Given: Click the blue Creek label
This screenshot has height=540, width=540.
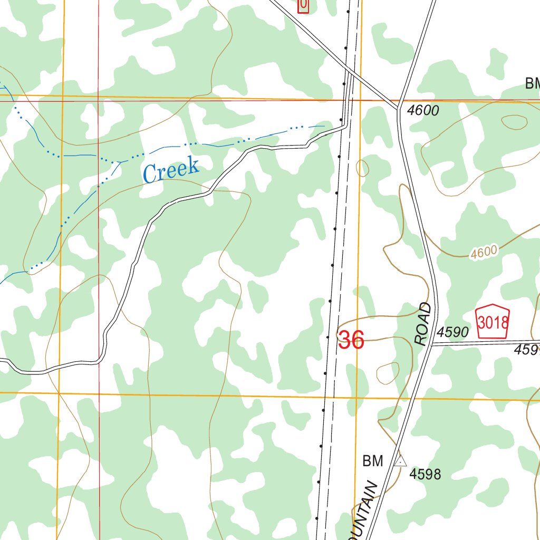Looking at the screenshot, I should (171, 170).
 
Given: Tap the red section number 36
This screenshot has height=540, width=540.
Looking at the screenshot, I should (351, 340).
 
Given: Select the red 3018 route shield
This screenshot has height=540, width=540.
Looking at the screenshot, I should (493, 322).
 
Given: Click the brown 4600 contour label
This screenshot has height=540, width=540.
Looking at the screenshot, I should (484, 253).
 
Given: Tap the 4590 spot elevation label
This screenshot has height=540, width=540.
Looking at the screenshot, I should (452, 332).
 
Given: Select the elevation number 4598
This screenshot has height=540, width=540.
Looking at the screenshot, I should (425, 474).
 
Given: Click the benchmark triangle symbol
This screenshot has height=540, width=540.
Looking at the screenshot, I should (401, 461).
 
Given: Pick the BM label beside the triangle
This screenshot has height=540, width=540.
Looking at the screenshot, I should (372, 461).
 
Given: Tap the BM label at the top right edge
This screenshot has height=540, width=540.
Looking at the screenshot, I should (533, 83).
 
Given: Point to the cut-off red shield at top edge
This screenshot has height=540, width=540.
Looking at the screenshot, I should (303, 5).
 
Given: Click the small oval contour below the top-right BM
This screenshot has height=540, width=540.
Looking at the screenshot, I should (514, 122).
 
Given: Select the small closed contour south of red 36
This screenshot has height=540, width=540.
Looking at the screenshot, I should (388, 373).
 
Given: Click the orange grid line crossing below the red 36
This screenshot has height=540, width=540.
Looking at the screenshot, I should (356, 396).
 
